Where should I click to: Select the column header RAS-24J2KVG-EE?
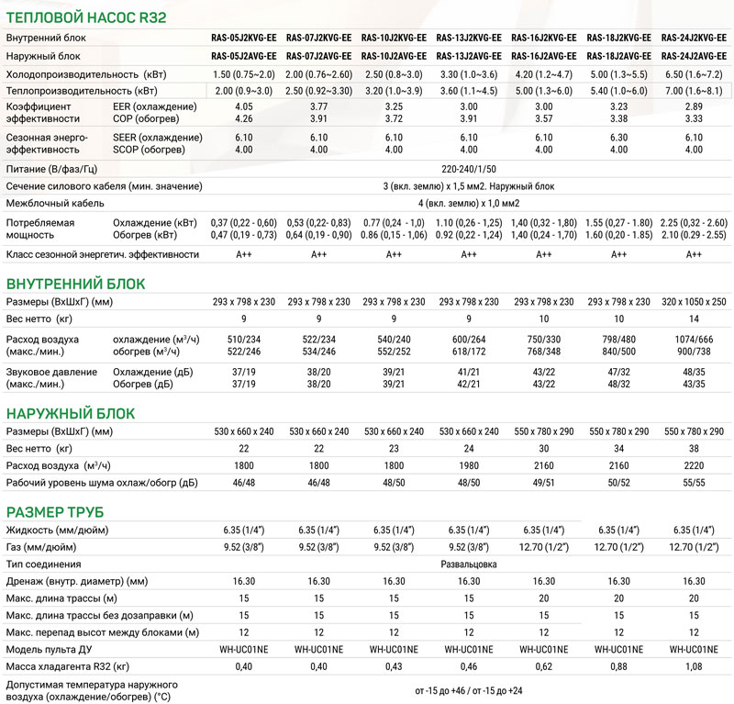pyautogui.click(x=694, y=39)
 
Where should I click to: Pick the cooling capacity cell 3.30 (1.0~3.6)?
pyautogui.click(x=468, y=73)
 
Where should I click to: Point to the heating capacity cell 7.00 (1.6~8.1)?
pyautogui.click(x=694, y=91)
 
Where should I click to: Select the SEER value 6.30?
pyautogui.click(x=618, y=135)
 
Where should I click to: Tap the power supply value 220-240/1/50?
pyautogui.click(x=468, y=169)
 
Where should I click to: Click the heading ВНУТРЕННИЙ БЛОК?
pyautogui.click(x=75, y=283)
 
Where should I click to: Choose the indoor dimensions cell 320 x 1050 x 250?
pyautogui.click(x=694, y=302)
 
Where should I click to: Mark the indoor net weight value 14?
pyautogui.click(x=694, y=319)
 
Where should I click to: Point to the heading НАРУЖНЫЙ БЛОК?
pyautogui.click(x=70, y=413)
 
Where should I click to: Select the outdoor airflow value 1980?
pyautogui.click(x=468, y=465)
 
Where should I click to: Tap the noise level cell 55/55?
pyautogui.click(x=694, y=482)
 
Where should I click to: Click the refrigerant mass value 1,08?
pyautogui.click(x=694, y=665)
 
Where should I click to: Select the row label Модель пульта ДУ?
pyautogui.click(x=51, y=649)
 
